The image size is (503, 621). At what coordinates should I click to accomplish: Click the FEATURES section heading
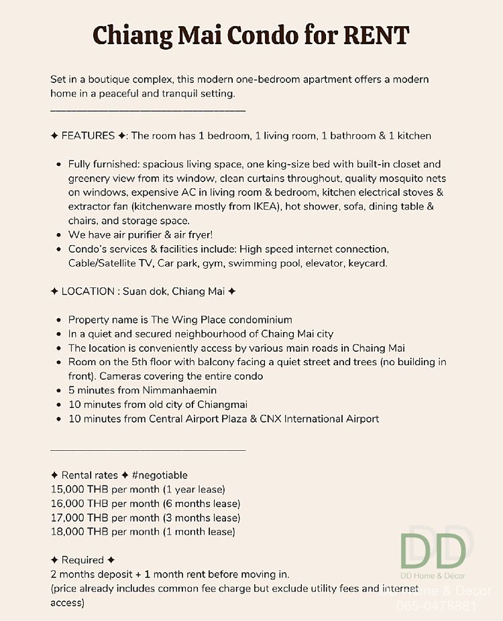click(88, 136)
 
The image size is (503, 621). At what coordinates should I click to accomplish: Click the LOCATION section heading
click(88, 291)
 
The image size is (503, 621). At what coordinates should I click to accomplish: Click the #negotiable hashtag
click(160, 475)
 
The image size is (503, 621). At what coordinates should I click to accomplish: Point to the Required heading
click(82, 560)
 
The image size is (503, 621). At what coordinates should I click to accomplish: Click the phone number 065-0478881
click(437, 606)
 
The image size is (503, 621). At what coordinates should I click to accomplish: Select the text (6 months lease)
click(201, 504)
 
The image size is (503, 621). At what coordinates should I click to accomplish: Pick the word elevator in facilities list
click(325, 263)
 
